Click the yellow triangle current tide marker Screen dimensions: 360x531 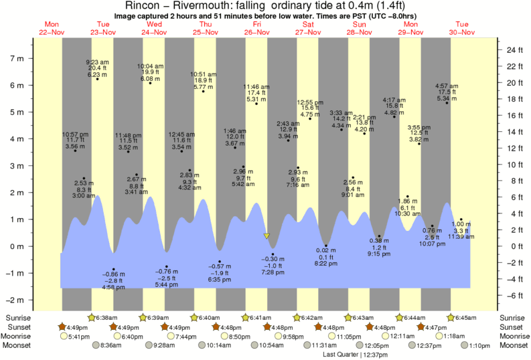coord(267,236)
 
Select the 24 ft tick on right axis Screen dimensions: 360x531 coord(513,50)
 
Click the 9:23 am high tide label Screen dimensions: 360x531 coord(97,62)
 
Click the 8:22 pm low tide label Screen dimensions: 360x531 coord(326,264)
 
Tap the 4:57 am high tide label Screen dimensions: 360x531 coord(447,86)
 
